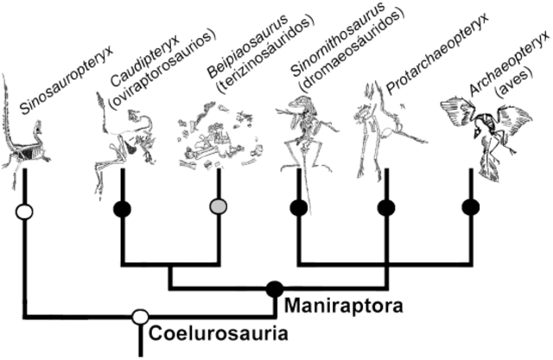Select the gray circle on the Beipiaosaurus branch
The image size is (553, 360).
(219, 207)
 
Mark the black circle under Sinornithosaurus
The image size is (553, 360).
(299, 207)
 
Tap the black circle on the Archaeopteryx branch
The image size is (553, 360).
(471, 207)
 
